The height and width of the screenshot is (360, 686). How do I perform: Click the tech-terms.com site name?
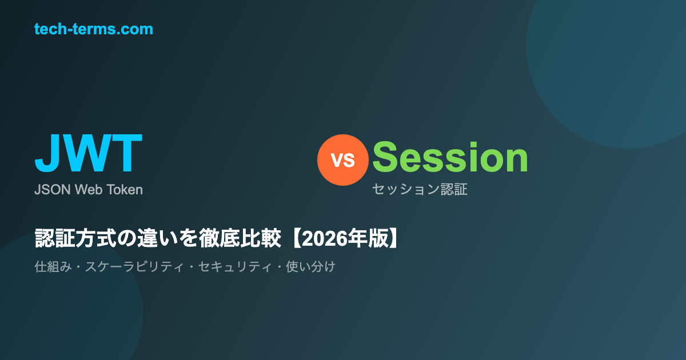[93, 29]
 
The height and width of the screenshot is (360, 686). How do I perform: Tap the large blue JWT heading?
[89, 153]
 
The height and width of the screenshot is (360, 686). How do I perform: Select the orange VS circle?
[342, 160]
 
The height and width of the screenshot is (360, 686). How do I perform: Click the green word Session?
[450, 157]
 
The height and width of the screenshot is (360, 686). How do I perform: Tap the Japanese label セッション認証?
[420, 189]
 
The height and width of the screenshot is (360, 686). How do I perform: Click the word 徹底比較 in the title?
[240, 238]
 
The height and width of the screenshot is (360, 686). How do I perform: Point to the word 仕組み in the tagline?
[53, 267]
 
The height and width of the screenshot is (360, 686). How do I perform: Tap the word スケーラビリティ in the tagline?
[135, 267]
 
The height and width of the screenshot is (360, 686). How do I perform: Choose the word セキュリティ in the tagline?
[235, 267]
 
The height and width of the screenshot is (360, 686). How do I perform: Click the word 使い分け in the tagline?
[310, 267]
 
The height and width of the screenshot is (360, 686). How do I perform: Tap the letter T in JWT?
[127, 153]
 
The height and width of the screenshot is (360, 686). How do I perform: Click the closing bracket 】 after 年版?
[393, 238]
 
